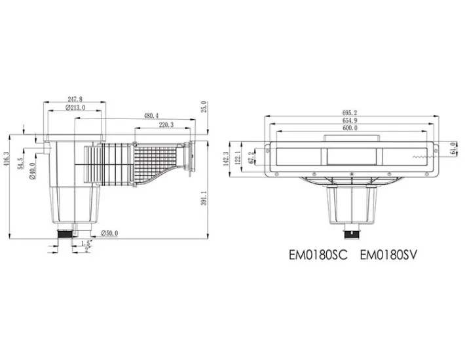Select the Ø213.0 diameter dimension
75,107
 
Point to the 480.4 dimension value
151,116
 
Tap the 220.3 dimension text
166,124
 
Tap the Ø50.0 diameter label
109,232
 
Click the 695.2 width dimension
350,113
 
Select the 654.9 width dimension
350,120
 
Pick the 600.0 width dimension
350,129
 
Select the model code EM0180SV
388,255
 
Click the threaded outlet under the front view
352,230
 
